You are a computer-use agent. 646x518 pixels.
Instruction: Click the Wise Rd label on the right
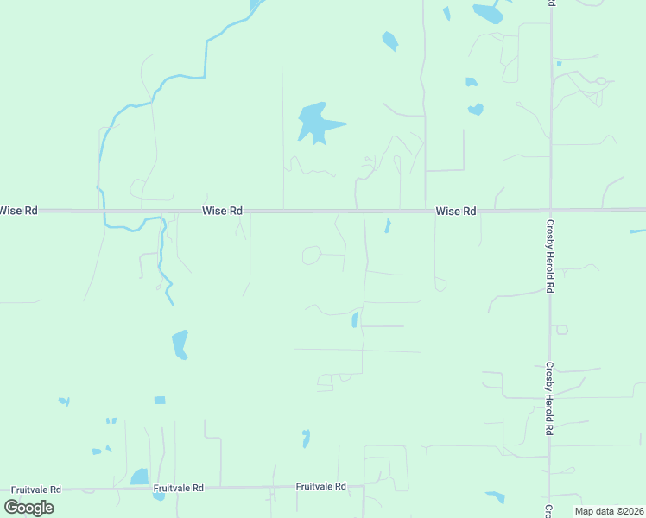[x=456, y=211]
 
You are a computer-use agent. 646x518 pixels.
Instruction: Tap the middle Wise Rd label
[x=222, y=211]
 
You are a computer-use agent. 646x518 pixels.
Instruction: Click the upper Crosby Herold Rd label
[x=549, y=256]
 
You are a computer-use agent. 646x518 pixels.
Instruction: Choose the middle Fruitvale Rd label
[x=179, y=488]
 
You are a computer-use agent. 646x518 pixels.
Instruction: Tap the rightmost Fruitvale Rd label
[x=320, y=487]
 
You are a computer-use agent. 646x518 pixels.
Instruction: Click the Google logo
[x=29, y=507]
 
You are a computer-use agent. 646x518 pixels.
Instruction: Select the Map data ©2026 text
[x=608, y=511]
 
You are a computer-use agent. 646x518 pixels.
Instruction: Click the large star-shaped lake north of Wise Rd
[x=317, y=123]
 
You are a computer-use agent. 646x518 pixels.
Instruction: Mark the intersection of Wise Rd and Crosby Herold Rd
[x=550, y=210]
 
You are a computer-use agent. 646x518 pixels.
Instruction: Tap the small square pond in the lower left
[x=159, y=400]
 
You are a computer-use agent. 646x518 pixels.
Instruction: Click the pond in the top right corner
[x=489, y=12]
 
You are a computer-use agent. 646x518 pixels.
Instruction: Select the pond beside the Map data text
[x=495, y=497]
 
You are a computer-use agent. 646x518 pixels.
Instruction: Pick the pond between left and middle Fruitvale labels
[x=138, y=476]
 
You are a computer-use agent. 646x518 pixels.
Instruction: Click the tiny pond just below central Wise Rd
[x=388, y=226]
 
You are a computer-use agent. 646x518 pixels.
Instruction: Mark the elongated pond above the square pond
[x=180, y=344]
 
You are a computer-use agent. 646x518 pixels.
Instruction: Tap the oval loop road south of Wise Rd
[x=311, y=255]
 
